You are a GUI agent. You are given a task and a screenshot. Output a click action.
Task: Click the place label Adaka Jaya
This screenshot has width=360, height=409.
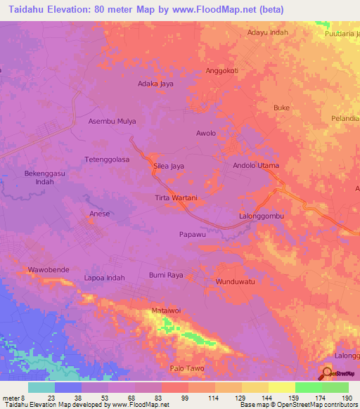155,84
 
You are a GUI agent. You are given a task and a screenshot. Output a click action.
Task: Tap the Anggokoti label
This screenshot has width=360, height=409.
222,71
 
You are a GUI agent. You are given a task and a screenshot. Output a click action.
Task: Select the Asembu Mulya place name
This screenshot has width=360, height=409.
112,121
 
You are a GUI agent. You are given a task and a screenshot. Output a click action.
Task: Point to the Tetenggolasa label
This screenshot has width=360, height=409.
107,160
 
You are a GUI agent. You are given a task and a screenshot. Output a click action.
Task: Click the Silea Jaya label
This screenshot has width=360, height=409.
169,166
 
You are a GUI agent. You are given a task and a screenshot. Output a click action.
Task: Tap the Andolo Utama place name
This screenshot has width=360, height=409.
256,165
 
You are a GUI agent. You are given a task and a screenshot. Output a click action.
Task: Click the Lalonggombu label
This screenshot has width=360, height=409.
262,216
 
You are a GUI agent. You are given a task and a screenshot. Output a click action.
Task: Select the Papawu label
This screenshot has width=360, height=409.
192,235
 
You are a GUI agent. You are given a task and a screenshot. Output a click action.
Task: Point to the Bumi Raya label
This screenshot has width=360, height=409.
166,275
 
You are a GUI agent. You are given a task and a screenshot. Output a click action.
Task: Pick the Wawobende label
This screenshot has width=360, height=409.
49,270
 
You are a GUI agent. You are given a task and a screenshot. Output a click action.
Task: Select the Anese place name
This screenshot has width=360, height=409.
99,214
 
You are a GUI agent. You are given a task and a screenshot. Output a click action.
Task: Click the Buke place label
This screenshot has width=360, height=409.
281,108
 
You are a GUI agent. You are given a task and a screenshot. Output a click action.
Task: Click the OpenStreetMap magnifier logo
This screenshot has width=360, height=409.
326,372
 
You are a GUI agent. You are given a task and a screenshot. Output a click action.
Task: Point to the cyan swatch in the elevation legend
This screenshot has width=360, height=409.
41,387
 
